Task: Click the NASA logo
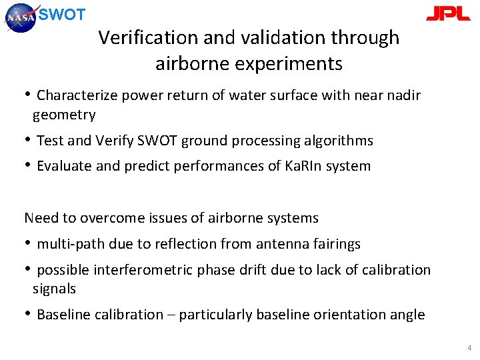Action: click(x=22, y=17)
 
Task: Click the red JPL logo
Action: click(x=448, y=15)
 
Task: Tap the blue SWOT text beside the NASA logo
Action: click(x=62, y=15)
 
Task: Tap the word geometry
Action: click(x=64, y=115)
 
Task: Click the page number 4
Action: click(x=469, y=348)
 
